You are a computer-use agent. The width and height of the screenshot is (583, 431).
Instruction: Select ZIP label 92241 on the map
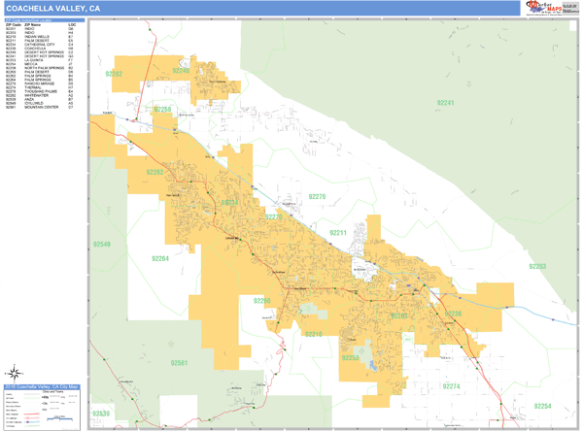(445, 102)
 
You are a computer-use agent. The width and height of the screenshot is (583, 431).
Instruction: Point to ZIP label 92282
(114, 74)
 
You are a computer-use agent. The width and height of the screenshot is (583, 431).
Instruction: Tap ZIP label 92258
(163, 109)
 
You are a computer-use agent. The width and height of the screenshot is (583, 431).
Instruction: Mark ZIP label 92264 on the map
(159, 258)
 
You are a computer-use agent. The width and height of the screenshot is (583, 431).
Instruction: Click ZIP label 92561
(179, 363)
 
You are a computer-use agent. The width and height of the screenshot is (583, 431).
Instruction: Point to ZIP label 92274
(451, 386)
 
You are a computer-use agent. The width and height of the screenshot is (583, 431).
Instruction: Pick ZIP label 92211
(338, 233)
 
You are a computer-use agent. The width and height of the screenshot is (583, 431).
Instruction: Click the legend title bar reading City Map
(44, 387)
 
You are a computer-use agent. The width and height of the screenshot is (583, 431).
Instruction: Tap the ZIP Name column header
(35, 23)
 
